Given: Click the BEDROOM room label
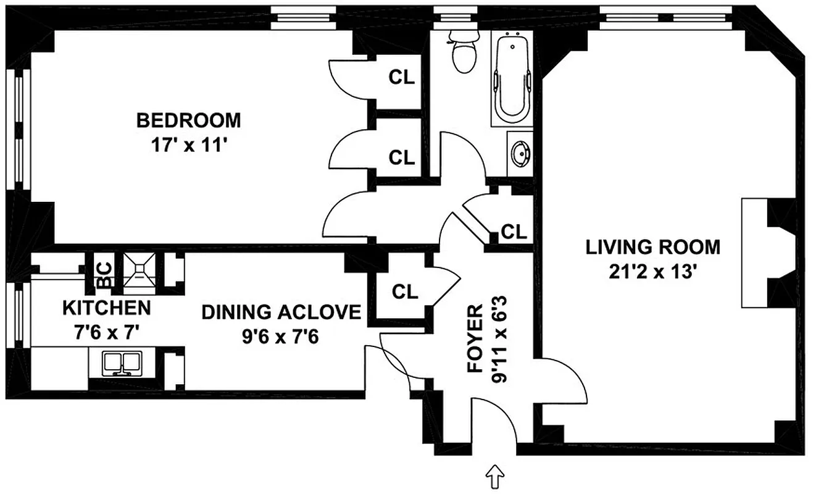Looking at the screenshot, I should tap(188, 119).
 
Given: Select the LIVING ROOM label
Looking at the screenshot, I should tap(652, 247).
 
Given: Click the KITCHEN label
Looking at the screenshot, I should tap(106, 307).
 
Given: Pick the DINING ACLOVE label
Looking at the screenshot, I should tap(281, 312).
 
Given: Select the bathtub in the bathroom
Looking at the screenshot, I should tap(512, 80).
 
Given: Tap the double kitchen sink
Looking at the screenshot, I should tap(122, 363).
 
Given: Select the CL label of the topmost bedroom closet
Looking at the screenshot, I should tap(401, 77).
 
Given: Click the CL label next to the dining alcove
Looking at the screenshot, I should tap(405, 291).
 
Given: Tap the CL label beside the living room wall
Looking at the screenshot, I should tap(514, 232).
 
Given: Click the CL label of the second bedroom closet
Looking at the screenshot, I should tap(401, 157).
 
